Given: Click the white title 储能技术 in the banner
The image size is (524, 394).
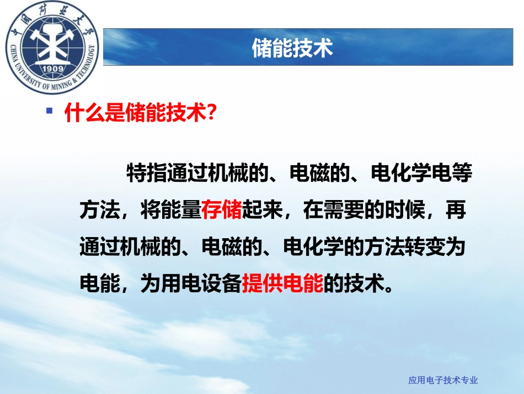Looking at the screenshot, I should coord(292,48).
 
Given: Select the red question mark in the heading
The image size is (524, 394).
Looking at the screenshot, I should coord(208,113).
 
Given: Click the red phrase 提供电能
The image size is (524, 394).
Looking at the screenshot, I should coord(282,283).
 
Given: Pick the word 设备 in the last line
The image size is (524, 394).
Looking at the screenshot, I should coord(221,283).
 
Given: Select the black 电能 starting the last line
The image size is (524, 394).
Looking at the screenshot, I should coord(100,283).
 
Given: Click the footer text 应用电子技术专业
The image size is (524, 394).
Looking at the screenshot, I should coord(443,380).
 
